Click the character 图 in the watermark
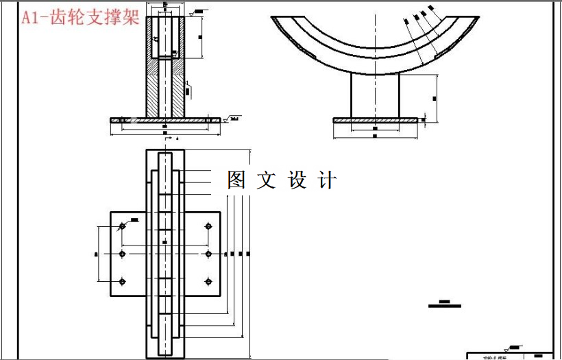[236, 180]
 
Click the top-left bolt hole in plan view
[122, 226]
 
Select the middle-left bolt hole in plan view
[122, 254]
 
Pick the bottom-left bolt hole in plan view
[122, 281]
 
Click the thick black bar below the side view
[444, 306]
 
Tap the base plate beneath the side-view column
[375, 120]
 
